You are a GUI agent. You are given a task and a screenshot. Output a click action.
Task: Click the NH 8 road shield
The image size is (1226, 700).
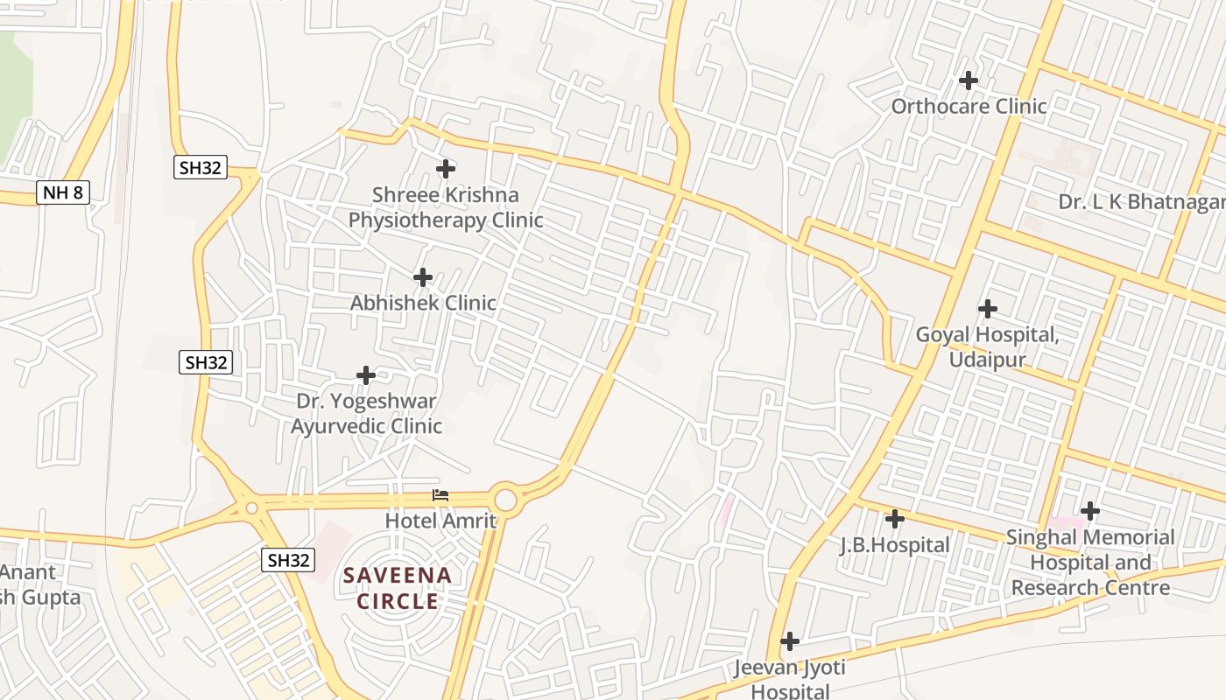click(63, 192)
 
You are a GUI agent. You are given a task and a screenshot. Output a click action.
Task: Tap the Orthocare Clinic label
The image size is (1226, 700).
click(969, 107)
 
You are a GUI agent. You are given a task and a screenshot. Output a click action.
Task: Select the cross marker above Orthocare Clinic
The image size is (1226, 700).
click(968, 80)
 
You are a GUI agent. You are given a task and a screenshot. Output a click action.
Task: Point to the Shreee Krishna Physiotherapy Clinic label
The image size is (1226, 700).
click(446, 207)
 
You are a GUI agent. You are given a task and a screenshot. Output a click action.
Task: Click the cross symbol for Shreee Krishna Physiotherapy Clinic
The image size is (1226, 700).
click(446, 168)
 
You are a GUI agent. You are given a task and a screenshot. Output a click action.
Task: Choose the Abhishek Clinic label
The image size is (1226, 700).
click(423, 303)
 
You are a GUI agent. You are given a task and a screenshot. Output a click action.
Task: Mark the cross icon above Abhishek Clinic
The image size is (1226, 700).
click(423, 277)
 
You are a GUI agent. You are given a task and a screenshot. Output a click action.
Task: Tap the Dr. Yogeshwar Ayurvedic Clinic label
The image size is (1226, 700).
click(366, 414)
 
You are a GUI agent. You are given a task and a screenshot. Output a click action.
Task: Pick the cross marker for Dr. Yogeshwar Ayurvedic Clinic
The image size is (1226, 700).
click(366, 375)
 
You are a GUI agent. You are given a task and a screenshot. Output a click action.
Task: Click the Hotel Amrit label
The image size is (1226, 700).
click(440, 521)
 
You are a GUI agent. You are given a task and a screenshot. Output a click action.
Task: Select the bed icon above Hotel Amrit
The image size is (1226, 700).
click(440, 495)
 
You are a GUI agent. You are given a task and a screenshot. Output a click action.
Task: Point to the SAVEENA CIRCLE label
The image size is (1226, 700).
click(398, 588)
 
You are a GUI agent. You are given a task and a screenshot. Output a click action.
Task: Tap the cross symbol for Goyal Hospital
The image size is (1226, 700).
click(988, 309)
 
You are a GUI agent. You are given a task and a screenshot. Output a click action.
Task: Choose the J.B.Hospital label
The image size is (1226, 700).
click(894, 545)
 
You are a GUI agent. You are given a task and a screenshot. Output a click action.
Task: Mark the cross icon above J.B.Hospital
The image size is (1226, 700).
click(894, 519)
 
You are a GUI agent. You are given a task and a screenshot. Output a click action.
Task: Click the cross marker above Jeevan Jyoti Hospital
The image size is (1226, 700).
click(789, 641)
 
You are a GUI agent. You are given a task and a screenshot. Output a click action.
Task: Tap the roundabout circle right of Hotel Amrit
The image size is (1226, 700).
click(505, 500)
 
